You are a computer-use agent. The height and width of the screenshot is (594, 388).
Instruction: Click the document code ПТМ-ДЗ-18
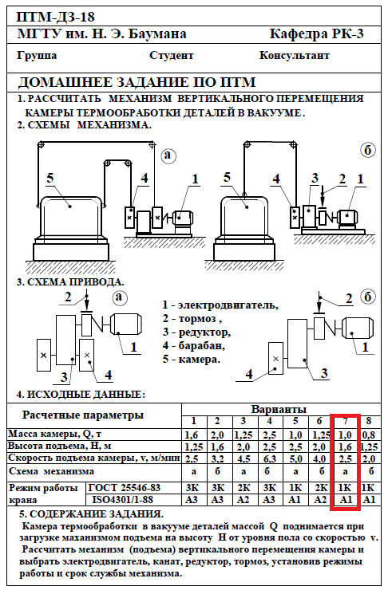tap(56, 17)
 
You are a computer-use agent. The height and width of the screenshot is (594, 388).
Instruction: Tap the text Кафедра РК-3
tap(317, 34)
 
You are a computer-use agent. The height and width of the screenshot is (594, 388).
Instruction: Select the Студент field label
tap(172, 55)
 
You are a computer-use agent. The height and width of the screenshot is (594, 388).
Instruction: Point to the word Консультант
tap(295, 55)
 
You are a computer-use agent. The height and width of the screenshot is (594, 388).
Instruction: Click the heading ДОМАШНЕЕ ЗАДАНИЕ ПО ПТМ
tap(137, 82)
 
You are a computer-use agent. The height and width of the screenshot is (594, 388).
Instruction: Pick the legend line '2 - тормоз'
tap(192, 319)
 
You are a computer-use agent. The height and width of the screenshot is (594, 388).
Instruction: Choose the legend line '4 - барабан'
tap(194, 345)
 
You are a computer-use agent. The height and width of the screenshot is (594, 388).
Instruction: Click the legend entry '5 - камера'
tap(192, 359)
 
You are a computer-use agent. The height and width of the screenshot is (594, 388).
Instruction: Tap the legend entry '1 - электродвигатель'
tap(220, 305)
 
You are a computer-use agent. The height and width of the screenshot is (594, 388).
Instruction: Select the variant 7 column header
tap(346, 421)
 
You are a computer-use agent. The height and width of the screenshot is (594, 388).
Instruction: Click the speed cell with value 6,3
tap(269, 459)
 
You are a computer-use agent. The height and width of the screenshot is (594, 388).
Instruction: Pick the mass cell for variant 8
tap(369, 435)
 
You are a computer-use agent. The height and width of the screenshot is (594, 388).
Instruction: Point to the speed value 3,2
tap(217, 459)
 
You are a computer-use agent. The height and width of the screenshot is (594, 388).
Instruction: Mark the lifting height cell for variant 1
tap(193, 447)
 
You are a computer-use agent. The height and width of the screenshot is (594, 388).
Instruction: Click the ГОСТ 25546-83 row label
tap(125, 487)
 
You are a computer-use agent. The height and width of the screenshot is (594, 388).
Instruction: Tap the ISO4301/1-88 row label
tap(122, 500)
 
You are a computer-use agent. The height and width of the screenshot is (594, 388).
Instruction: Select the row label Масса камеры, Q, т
tap(54, 434)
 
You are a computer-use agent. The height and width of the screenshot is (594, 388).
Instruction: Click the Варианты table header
tap(279, 409)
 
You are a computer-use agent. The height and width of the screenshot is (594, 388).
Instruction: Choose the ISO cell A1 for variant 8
tap(370, 500)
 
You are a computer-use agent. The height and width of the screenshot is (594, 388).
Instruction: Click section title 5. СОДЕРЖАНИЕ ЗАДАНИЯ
tap(91, 514)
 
